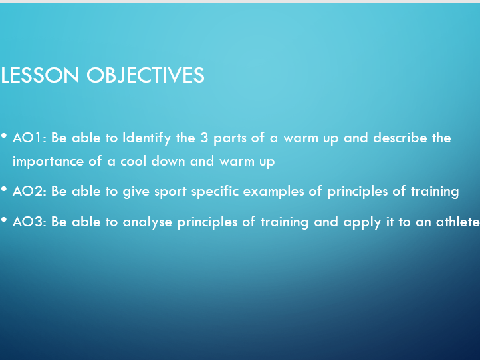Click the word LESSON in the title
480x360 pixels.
(40, 75)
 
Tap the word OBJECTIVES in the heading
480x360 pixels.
(146, 76)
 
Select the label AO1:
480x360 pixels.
(29, 138)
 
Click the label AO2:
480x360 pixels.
(29, 191)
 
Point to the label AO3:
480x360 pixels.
(29, 222)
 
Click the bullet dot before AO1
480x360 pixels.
(4, 136)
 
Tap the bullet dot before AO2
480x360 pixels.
(4, 189)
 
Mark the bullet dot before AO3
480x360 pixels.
(4, 220)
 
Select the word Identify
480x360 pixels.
(147, 138)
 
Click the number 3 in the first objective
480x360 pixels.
(204, 138)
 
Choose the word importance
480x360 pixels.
(48, 162)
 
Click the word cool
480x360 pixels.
(133, 161)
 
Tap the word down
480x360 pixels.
(168, 161)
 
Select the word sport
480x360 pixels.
(170, 192)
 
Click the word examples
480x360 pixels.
(273, 192)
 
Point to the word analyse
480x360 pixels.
(147, 222)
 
